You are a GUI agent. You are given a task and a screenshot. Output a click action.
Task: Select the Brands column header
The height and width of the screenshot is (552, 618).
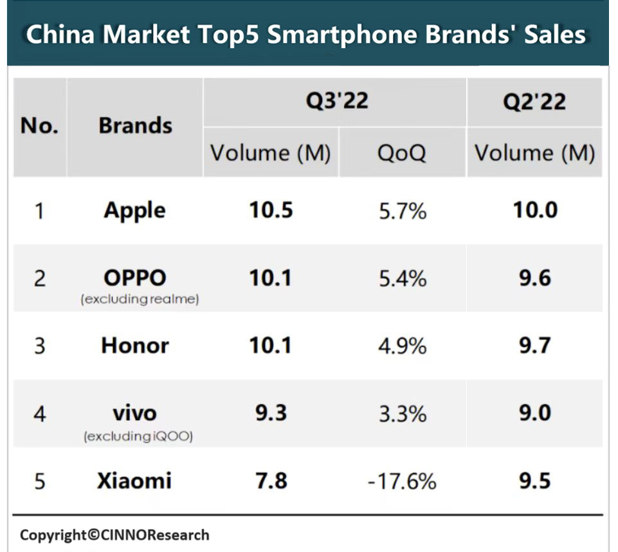click(135, 125)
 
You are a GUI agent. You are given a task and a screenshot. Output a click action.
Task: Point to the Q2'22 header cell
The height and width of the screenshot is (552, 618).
click(534, 102)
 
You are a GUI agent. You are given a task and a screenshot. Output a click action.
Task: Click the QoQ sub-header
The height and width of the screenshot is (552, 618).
click(402, 153)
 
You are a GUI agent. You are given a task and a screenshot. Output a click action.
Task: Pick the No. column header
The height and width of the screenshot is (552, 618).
click(39, 125)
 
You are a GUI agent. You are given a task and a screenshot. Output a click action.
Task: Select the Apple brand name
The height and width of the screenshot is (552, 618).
click(135, 210)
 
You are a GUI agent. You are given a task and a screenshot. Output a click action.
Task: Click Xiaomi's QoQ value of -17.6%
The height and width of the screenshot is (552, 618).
click(402, 481)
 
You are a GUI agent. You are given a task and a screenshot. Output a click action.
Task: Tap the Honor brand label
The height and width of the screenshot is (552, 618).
click(135, 346)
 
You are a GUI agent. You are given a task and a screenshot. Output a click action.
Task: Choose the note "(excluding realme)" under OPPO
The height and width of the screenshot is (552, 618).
click(140, 300)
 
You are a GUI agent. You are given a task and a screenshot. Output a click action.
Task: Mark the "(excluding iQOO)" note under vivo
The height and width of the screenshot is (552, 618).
click(138, 437)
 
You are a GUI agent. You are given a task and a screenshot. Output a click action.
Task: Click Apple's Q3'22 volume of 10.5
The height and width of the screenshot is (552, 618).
click(271, 210)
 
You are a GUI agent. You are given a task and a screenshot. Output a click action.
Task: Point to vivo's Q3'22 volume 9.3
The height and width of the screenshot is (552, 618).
click(271, 413)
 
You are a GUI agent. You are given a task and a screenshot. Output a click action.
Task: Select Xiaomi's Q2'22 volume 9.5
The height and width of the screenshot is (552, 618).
click(534, 481)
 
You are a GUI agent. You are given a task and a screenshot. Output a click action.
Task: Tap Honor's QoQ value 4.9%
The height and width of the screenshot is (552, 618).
click(402, 346)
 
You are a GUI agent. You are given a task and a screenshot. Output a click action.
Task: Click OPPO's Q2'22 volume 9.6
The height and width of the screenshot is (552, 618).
click(534, 278)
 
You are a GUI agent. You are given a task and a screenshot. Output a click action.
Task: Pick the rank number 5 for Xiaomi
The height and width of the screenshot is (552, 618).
click(40, 481)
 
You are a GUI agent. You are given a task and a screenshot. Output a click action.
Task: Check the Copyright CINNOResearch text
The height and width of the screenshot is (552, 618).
click(114, 535)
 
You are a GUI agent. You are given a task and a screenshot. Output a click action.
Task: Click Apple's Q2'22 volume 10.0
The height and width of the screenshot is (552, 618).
click(534, 210)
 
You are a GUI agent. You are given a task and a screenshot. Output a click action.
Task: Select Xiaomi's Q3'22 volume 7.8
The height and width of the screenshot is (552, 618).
click(271, 481)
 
